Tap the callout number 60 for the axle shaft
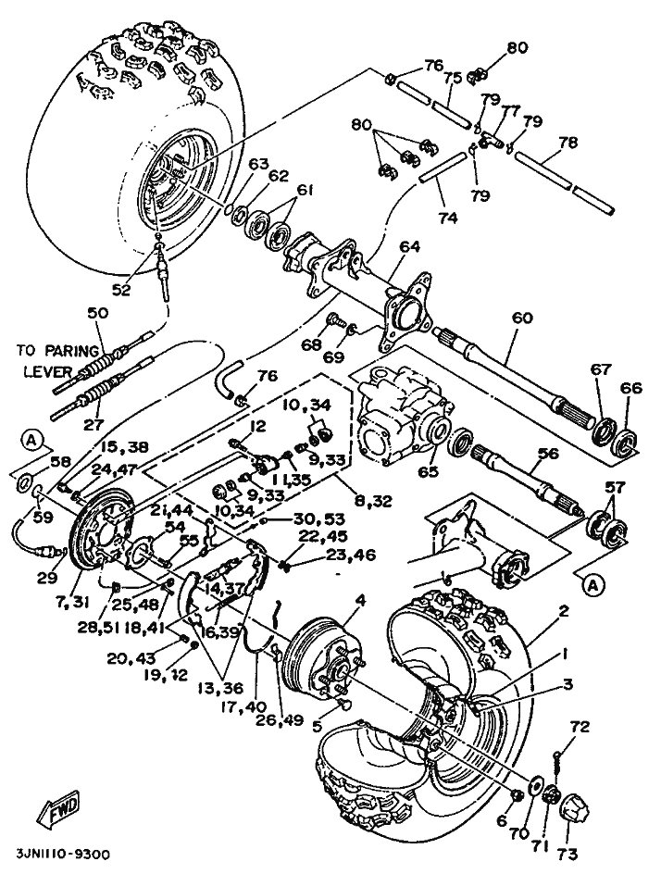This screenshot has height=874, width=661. (522, 318)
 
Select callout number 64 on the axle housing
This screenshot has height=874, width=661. (409, 247)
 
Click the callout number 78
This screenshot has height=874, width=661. (568, 143)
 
